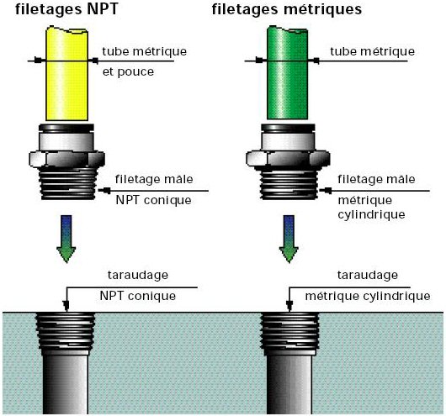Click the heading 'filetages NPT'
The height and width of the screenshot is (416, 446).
[66, 9]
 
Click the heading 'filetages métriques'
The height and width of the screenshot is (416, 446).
[287, 9]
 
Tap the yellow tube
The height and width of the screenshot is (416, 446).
[66, 73]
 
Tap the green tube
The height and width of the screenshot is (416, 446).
[287, 72]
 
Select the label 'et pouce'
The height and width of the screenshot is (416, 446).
[128, 71]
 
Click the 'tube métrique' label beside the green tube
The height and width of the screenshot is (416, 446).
[372, 51]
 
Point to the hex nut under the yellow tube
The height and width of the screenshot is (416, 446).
[66, 159]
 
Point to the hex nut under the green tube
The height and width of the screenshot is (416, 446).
[288, 159]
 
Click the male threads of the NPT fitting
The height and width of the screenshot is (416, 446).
[67, 183]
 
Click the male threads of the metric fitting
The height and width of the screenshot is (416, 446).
[289, 185]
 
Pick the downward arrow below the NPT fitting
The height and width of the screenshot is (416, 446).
[66, 239]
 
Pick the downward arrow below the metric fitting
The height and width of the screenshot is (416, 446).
[289, 239]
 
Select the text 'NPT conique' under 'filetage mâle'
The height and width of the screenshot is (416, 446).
[154, 200]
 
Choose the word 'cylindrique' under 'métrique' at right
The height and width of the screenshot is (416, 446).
[371, 214]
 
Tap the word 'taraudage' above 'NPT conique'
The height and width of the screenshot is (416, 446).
[138, 275]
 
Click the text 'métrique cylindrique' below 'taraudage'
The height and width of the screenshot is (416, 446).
[368, 297]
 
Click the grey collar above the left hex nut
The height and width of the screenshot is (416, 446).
[66, 142]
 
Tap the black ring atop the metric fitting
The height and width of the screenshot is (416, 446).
[288, 128]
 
